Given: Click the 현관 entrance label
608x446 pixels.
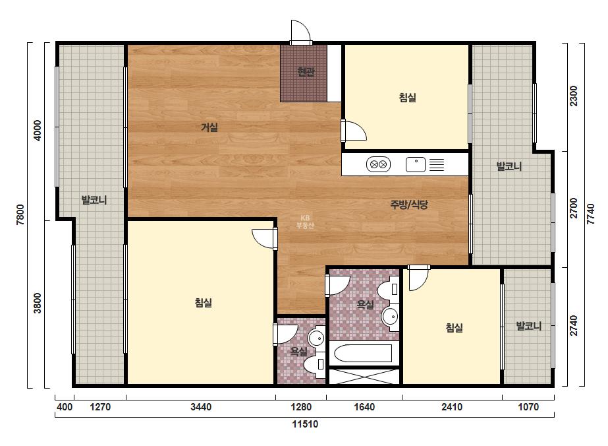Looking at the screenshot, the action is point(306,71).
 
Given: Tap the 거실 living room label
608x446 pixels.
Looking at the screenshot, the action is point(209,127).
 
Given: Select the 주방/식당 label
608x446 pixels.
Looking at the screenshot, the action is point(409,205).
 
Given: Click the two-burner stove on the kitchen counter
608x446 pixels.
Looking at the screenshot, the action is point(378,164).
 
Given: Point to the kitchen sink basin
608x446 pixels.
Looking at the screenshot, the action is point(415,165).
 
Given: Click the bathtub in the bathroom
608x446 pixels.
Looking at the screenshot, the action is point(363,354).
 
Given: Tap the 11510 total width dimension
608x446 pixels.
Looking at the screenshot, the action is point(305,424).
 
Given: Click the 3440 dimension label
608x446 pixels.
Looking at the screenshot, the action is point(201,407).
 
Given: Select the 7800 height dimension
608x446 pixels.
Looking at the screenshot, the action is point(20,215).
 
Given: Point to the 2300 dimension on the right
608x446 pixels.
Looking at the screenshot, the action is point(573,96).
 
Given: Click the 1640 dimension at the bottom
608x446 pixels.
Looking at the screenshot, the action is point(364,407).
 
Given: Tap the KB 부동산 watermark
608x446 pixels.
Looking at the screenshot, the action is point(305,222).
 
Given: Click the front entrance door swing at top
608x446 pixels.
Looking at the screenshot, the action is point(301,32).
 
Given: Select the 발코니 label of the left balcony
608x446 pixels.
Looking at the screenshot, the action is point(94,200).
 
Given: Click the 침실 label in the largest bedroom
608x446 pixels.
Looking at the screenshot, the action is point(203,303).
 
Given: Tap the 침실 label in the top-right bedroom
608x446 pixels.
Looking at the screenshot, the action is point(408,97).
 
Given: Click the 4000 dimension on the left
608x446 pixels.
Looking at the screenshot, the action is point(38,131).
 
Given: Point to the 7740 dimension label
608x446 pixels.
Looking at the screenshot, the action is point(591,214).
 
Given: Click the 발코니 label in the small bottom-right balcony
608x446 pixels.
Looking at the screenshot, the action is point(528,325).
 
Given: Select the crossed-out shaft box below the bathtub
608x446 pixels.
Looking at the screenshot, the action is point(364,375).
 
